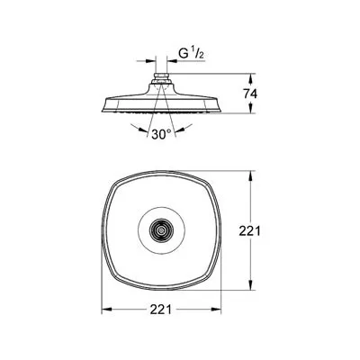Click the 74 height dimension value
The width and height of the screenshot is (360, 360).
(250, 94)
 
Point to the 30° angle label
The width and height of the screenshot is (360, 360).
(161, 134)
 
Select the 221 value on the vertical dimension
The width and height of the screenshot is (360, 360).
(249, 230)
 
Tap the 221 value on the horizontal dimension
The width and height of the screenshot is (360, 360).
(161, 310)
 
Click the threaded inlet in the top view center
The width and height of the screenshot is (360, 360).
(161, 230)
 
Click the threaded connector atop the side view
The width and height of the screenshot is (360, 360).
(161, 78)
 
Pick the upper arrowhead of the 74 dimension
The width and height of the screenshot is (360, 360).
(251, 79)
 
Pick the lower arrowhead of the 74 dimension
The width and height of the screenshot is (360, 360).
(251, 108)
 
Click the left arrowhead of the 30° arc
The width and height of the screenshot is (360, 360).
(143, 130)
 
